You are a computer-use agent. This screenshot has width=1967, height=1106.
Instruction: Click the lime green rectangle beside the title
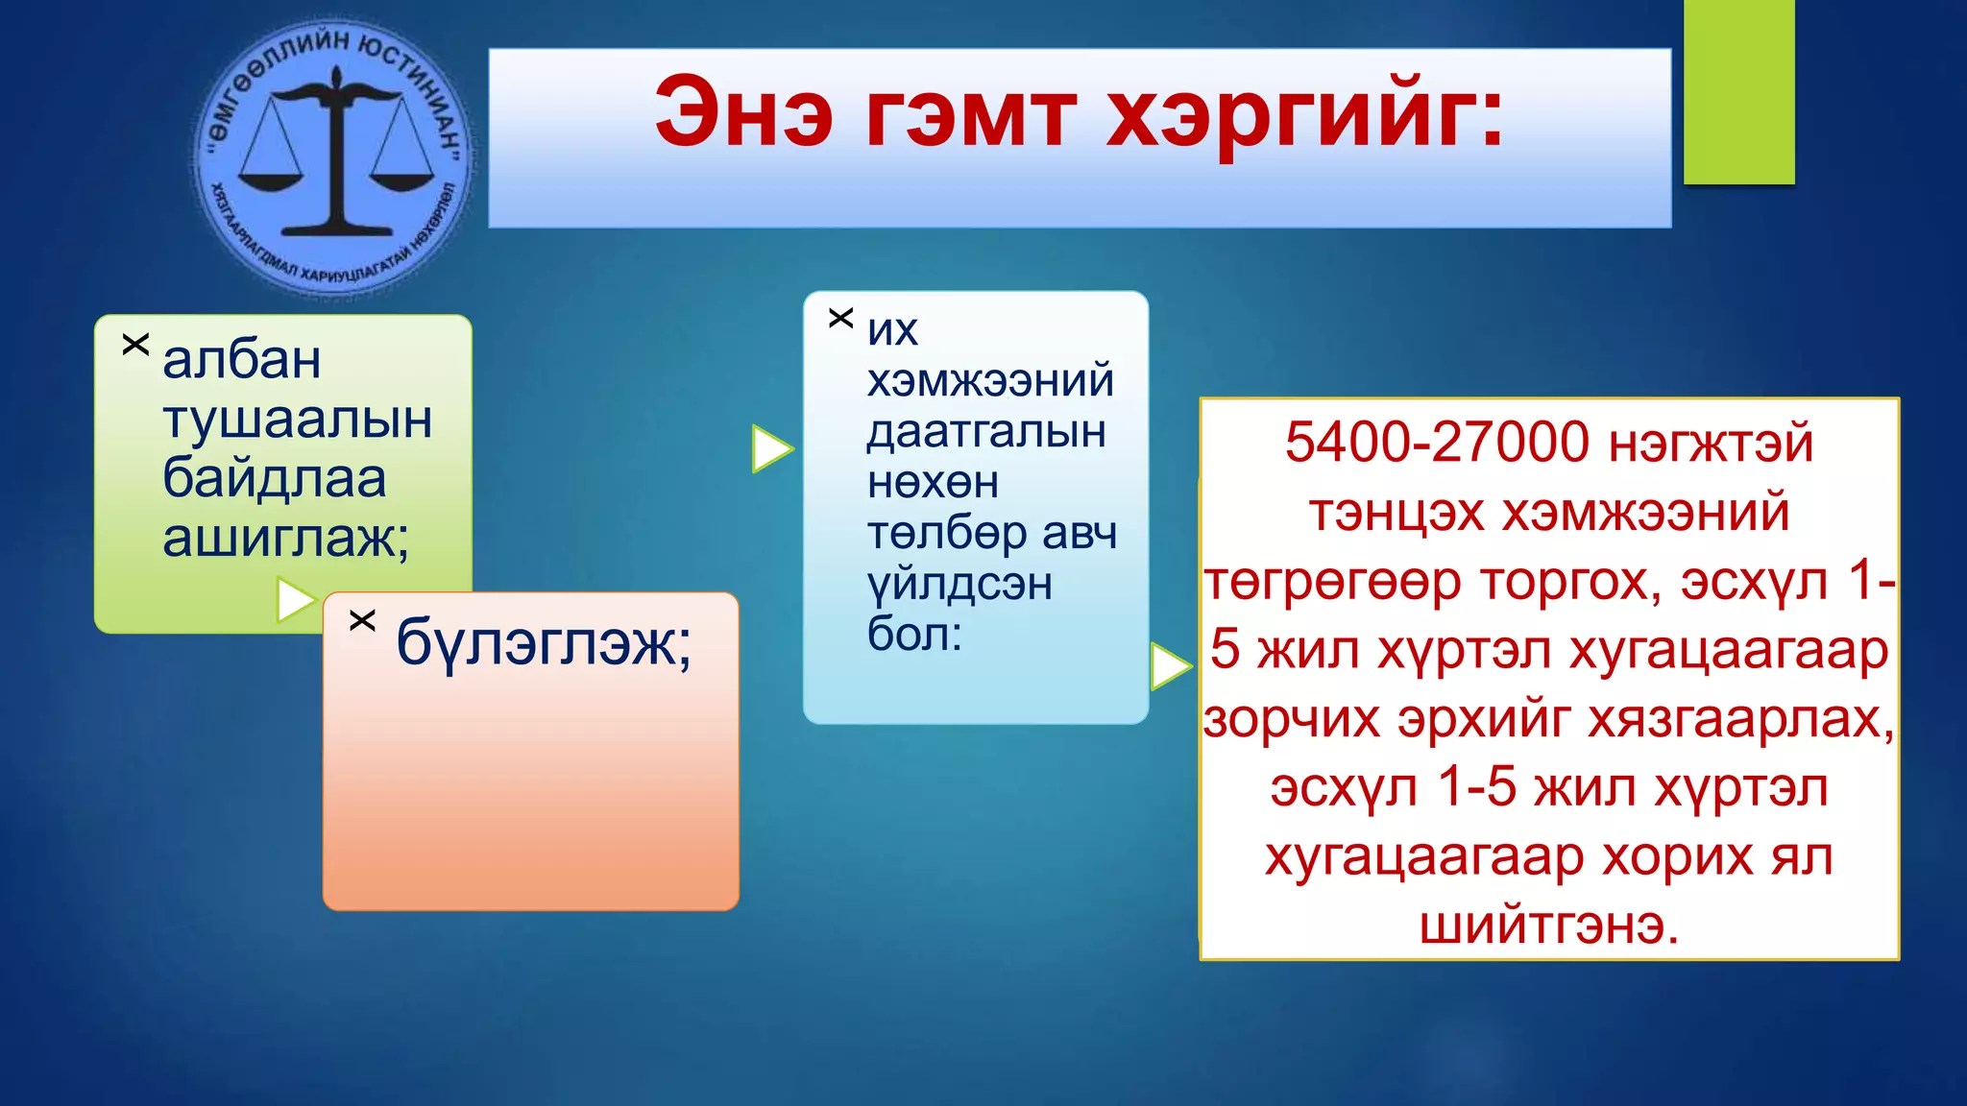[1738, 92]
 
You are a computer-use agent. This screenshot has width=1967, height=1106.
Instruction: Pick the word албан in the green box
[242, 361]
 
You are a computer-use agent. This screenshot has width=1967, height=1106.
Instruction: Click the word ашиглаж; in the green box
[286, 538]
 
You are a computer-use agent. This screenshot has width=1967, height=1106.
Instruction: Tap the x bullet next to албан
[135, 344]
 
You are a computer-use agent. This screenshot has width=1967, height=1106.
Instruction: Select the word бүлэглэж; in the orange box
[544, 642]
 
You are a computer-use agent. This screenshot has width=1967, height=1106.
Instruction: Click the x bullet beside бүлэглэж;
[362, 620]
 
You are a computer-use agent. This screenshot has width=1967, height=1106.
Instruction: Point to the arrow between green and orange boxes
[295, 600]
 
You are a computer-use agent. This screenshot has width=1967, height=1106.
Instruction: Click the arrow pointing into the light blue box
[771, 448]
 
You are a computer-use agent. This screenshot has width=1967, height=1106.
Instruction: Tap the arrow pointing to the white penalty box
[1170, 666]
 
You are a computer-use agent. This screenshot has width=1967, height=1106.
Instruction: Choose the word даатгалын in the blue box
[986, 432]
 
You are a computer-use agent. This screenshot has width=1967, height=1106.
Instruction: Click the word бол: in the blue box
[914, 635]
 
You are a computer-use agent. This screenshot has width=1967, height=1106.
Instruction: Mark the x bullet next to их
[840, 318]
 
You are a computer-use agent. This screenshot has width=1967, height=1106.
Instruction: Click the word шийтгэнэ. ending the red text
[1549, 926]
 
